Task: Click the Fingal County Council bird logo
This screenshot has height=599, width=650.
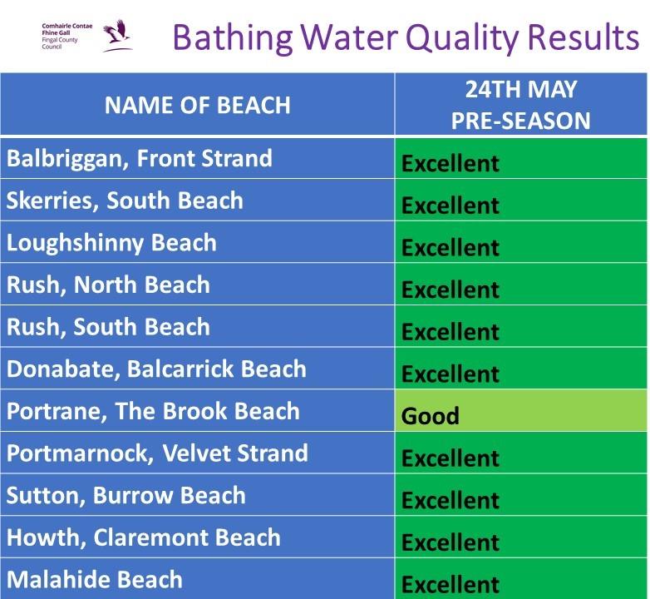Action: click(116, 37)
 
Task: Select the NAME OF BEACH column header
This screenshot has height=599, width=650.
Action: click(197, 105)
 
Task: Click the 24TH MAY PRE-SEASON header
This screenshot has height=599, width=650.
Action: click(520, 105)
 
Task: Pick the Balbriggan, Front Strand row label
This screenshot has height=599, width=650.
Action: click(140, 158)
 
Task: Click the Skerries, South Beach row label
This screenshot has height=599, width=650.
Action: click(125, 200)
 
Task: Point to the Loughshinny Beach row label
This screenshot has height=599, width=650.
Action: click(111, 243)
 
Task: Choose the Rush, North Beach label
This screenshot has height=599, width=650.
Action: click(108, 285)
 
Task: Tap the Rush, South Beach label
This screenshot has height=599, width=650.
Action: click(108, 327)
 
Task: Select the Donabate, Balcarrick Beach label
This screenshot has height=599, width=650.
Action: click(156, 369)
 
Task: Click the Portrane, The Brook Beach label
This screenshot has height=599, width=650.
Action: click(153, 411)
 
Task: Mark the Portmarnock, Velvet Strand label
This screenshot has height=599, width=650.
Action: click(157, 453)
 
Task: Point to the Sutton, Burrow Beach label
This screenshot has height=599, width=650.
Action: click(126, 495)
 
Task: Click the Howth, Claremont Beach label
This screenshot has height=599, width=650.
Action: click(144, 537)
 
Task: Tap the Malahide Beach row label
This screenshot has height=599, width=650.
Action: click(95, 579)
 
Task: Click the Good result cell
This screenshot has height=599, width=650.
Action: click(431, 415)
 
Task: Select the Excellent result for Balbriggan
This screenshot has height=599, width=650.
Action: click(451, 163)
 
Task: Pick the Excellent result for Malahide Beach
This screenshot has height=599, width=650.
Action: click(451, 584)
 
